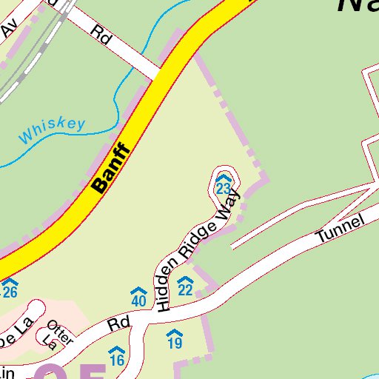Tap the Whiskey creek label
click(52, 131)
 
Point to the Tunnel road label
click(340, 228)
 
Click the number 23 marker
click(223, 189)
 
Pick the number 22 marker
click(185, 289)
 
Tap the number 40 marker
click(138, 301)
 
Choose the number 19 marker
click(175, 343)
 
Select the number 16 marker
click(116, 360)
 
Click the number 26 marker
click(9, 292)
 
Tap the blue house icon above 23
click(223, 179)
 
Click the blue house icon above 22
click(185, 280)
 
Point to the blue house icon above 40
click(138, 292)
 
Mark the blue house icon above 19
click(175, 333)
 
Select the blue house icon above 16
click(116, 351)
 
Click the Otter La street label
click(55, 332)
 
